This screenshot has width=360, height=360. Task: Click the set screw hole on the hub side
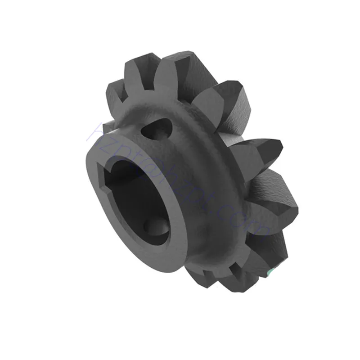point(155,129)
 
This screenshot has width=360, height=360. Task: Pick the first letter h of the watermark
point(93,128)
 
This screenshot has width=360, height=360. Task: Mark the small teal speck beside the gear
point(269,272)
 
